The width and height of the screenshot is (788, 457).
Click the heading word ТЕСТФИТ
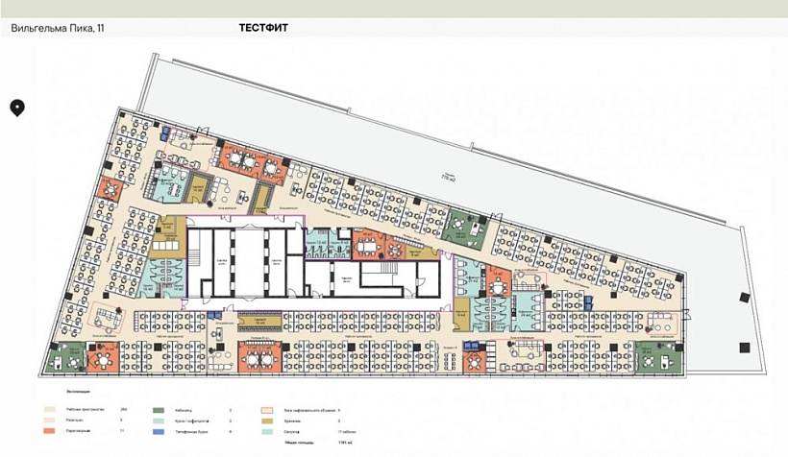(x=263, y=28)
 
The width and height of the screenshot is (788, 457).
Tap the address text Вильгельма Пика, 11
(x=58, y=29)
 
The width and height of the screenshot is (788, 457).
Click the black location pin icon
(x=17, y=108)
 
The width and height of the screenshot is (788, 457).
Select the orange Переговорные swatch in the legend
(x=47, y=432)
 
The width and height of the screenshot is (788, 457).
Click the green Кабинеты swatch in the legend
(x=158, y=410)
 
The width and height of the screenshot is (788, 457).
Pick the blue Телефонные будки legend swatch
(x=158, y=432)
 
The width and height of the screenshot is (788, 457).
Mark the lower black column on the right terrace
(x=741, y=347)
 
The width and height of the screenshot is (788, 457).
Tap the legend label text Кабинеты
(x=185, y=410)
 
